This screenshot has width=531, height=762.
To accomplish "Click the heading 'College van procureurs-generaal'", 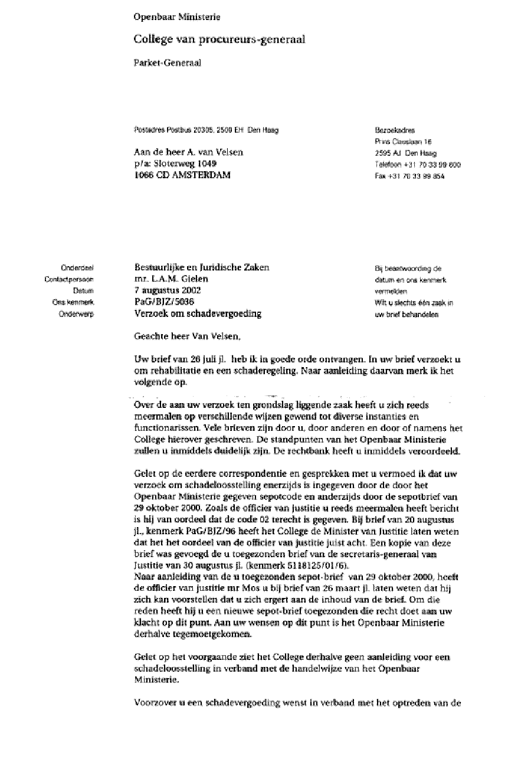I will click(219, 39).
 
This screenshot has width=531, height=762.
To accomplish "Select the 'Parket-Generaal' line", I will click(168, 63).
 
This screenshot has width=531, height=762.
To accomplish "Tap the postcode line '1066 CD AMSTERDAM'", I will click(183, 175).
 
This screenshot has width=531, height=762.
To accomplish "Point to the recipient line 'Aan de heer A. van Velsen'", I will click(188, 152).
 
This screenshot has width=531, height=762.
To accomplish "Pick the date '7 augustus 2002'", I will click(168, 290).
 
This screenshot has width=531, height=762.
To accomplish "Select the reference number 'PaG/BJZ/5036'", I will click(161, 302).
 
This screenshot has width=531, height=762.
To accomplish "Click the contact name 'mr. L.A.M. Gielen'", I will click(172, 279).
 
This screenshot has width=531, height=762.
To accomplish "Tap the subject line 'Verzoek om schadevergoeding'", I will click(198, 313).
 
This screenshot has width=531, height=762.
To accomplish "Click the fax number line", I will click(409, 176).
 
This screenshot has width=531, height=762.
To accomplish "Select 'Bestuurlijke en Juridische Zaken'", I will click(202, 267).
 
